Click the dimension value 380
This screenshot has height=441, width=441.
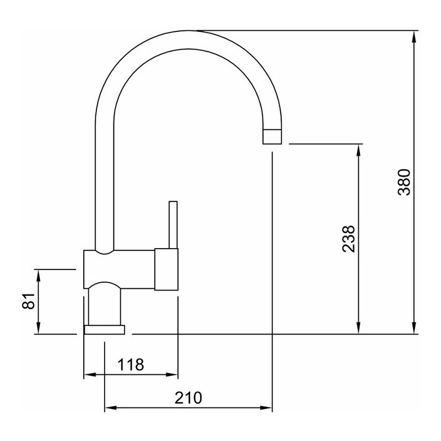[x=404, y=182]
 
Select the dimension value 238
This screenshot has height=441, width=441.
[x=349, y=239]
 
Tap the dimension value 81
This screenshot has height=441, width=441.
[x=28, y=301]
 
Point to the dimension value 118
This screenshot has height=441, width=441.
[x=131, y=364]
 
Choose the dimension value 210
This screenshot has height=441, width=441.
[x=188, y=397]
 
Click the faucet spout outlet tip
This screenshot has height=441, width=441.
[x=272, y=137]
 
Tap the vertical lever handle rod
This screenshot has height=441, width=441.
[x=173, y=225]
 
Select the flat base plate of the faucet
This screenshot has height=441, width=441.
[x=104, y=330]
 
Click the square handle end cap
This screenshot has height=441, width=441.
[x=166, y=269]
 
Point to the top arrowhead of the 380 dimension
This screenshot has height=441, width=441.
[x=414, y=36]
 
